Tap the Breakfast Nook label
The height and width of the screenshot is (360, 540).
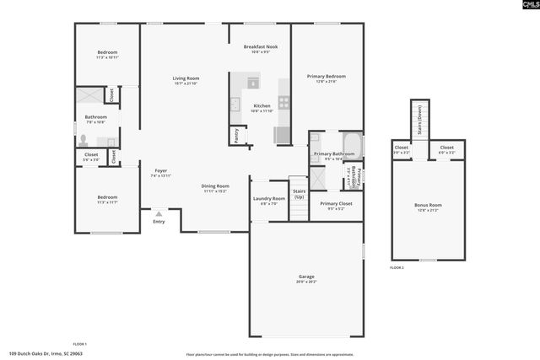pyautogui.click(x=260, y=46)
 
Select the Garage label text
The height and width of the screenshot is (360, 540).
pyautogui.click(x=306, y=276)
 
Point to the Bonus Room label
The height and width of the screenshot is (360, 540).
pyautogui.click(x=429, y=205)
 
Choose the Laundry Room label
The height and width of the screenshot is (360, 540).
pyautogui.click(x=269, y=198)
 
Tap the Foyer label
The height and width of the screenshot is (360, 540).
pyautogui.click(x=160, y=170)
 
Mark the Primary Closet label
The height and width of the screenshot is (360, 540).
pyautogui.click(x=335, y=202)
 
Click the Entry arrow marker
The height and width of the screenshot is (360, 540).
pyautogui.click(x=159, y=215)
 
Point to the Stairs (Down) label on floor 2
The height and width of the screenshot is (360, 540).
pyautogui.click(x=419, y=122)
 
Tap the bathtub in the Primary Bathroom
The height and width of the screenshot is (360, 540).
pyautogui.click(x=352, y=145)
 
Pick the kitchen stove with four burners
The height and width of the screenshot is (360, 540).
pyautogui.click(x=283, y=102)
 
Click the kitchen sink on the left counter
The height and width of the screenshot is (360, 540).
pyautogui.click(x=235, y=105)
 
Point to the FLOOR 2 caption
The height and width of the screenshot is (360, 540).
pyautogui.click(x=397, y=266)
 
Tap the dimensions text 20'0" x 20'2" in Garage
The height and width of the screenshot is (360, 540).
pyautogui.click(x=306, y=282)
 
